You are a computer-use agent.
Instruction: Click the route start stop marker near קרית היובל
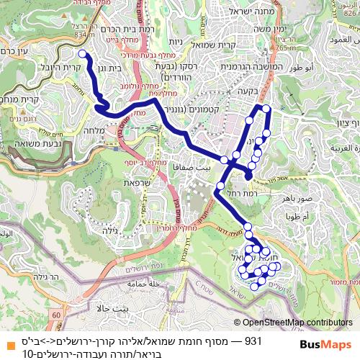82,54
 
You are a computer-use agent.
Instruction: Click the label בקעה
268,91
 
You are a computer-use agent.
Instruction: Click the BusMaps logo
325,344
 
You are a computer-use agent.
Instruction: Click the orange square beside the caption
9,342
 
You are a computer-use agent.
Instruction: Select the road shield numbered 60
56,315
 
